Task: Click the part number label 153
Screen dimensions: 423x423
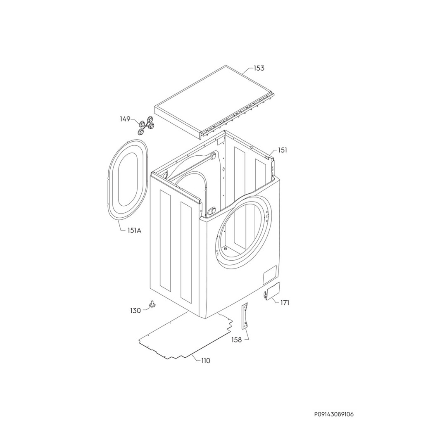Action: pyautogui.click(x=259, y=68)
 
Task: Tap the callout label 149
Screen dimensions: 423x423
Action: pyautogui.click(x=125, y=119)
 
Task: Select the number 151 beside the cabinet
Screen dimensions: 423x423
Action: pyautogui.click(x=283, y=150)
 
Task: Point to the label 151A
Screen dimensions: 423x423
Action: pyautogui.click(x=135, y=231)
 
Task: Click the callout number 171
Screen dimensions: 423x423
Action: pyautogui.click(x=284, y=303)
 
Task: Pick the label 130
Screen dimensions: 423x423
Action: pyautogui.click(x=135, y=311)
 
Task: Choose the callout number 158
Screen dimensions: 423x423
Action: pyautogui.click(x=237, y=340)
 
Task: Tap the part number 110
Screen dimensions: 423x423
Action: pyautogui.click(x=206, y=361)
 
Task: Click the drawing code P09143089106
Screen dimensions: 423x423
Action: pyautogui.click(x=334, y=406)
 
